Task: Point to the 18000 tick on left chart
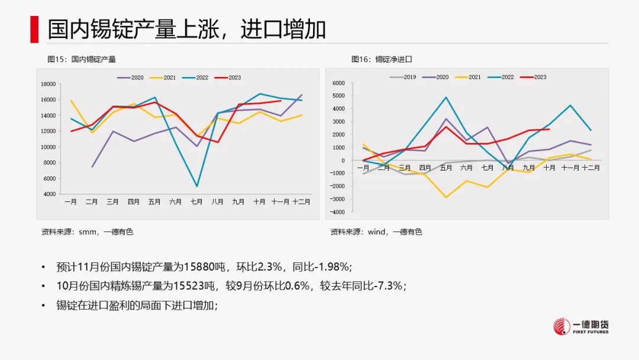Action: [48, 84]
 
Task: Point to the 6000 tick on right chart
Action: [338, 83]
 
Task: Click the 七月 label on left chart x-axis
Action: [196, 202]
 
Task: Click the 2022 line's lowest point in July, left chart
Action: [196, 187]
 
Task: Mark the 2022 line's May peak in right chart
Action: [446, 97]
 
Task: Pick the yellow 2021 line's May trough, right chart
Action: [446, 197]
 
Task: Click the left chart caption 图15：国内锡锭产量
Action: [82, 59]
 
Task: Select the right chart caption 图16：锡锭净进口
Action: [381, 59]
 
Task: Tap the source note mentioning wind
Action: [376, 232]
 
